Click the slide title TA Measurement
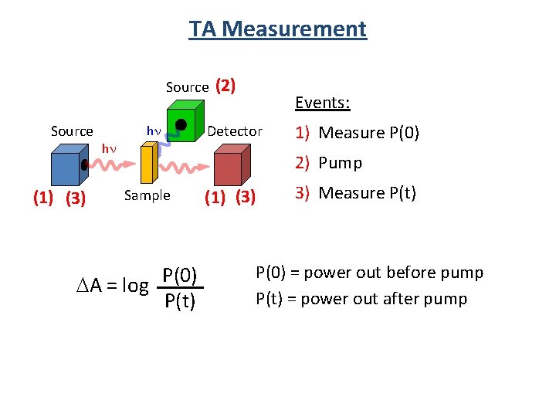point(278,29)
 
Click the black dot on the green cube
point(181,124)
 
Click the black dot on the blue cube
point(83,165)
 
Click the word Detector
point(235,131)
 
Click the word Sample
point(147,195)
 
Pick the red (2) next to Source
point(225,86)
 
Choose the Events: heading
point(323,103)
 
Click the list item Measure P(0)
point(368,133)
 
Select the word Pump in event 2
point(341,163)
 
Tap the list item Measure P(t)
point(367,192)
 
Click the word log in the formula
point(135,285)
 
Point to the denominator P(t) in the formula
point(180,300)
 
